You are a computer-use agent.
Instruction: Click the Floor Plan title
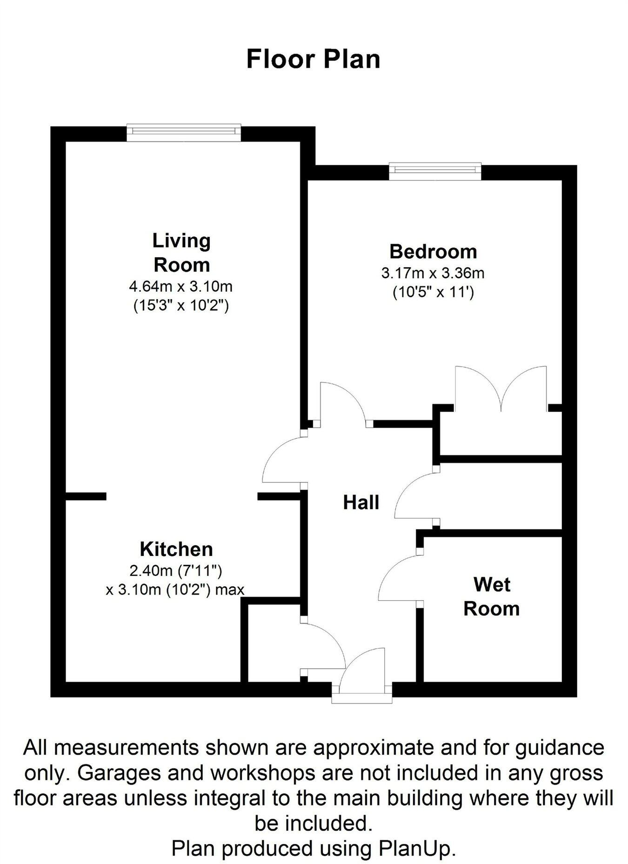tap(313, 59)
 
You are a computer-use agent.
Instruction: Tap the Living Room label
tap(181, 253)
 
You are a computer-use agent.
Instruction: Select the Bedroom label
tap(433, 251)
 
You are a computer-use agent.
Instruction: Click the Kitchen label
tap(176, 549)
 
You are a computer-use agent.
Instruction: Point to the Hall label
tap(361, 502)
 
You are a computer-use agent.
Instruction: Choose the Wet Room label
tap(491, 596)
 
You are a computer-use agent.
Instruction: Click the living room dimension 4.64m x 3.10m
tap(180, 286)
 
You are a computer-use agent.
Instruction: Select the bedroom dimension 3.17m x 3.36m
tap(433, 273)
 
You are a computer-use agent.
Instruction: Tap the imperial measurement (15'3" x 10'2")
tap(181, 306)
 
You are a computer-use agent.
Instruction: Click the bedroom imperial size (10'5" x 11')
tap(433, 293)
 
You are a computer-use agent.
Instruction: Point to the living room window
tap(184, 133)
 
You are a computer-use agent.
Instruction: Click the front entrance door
tap(362, 672)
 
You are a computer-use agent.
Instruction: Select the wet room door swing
tap(399, 577)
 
